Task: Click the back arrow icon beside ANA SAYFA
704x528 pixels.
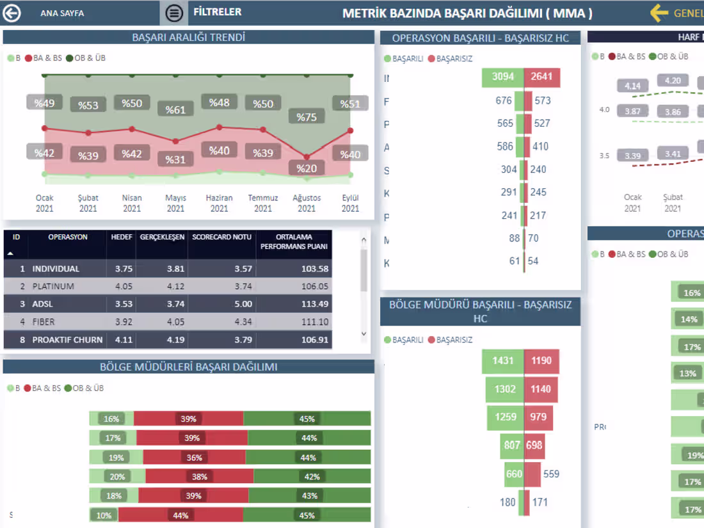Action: tap(12, 13)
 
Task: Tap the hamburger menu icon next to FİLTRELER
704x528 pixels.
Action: tap(174, 13)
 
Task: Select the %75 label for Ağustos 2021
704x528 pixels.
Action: tap(307, 116)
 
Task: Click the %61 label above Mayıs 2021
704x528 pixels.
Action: tap(175, 109)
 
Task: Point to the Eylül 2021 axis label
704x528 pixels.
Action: tap(350, 204)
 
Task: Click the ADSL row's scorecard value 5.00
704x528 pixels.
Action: tap(243, 304)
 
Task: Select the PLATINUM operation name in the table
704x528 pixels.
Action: tap(53, 286)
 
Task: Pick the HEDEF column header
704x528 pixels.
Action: tap(121, 237)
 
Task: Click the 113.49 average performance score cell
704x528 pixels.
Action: tap(314, 304)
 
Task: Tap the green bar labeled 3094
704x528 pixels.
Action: tap(503, 77)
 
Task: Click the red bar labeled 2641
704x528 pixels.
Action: tap(542, 77)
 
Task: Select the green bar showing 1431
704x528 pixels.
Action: tap(503, 361)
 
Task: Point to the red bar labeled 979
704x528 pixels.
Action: tap(538, 417)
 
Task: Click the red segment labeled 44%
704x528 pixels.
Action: tap(180, 515)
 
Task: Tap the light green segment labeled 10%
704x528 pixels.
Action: tap(104, 515)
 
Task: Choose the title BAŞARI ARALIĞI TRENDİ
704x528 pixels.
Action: tap(188, 38)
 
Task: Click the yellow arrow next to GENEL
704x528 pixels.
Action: tap(659, 13)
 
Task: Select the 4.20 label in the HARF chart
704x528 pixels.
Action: tap(673, 81)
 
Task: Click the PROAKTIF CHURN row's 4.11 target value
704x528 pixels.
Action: tap(124, 340)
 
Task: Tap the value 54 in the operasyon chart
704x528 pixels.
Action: tap(533, 261)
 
